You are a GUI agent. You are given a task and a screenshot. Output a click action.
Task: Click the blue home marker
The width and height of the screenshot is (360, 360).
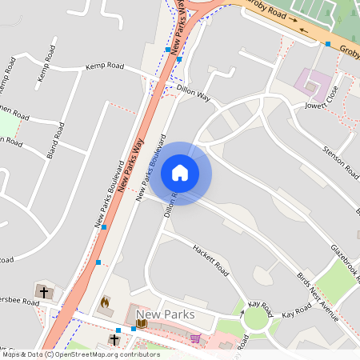180,173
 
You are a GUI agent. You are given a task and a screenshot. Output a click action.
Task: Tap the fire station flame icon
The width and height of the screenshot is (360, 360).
104,303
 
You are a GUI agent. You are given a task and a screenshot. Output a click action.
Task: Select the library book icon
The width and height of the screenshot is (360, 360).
141,323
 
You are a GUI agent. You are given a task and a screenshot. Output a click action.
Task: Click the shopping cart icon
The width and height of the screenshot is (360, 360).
195,338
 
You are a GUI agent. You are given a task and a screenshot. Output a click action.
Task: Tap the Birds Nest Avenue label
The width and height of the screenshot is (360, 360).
318,296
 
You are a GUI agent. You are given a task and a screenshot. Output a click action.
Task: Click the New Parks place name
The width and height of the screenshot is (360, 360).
166,314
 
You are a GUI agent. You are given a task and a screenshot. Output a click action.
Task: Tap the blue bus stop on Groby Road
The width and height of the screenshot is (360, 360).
328,44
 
